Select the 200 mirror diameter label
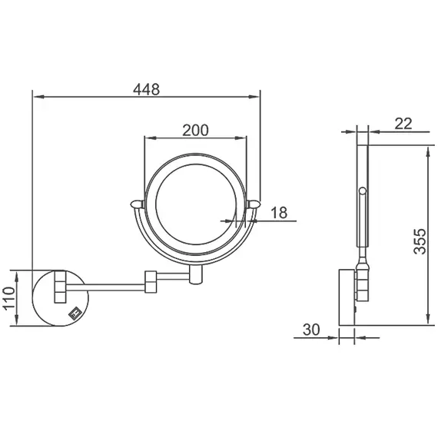196,130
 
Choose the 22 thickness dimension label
403,122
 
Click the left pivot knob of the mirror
136,204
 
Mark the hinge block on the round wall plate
59,286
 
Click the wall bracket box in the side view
347,296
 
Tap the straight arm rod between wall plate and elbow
115,285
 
